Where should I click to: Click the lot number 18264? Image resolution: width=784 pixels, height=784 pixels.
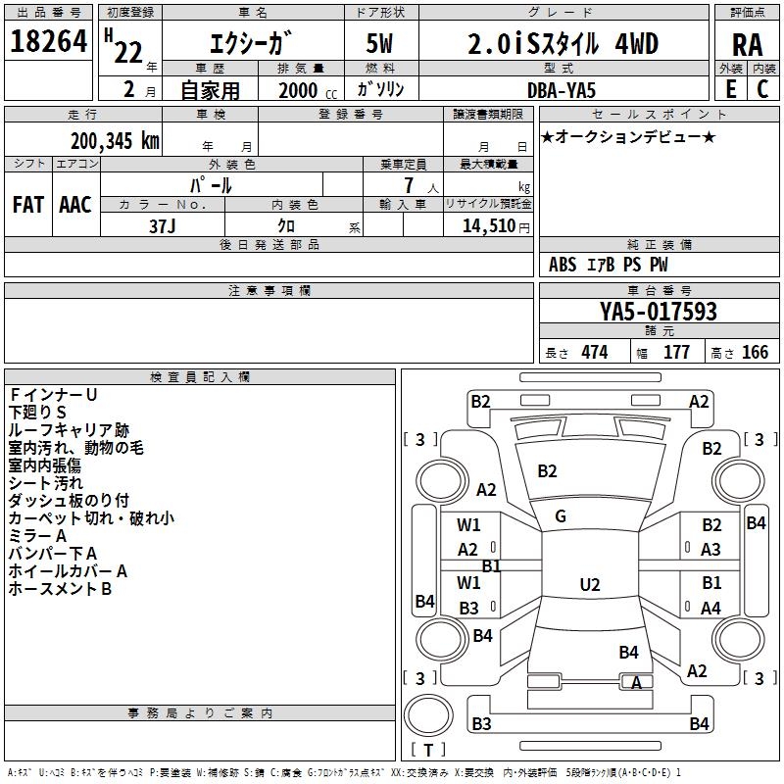click(48, 41)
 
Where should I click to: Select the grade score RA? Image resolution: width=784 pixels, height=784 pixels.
click(747, 45)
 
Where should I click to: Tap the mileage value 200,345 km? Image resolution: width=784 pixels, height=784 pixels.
click(115, 141)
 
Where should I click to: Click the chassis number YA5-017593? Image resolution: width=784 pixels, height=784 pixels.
click(659, 311)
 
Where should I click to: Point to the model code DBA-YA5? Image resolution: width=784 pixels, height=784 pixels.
click(562, 90)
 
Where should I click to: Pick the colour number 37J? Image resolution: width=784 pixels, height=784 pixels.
click(163, 226)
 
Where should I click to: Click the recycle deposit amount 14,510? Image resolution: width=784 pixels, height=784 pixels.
click(488, 225)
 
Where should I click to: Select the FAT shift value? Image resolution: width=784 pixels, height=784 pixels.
click(28, 205)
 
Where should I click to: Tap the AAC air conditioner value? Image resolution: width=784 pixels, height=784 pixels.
click(75, 205)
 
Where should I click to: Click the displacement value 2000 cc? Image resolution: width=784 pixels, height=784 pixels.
click(308, 90)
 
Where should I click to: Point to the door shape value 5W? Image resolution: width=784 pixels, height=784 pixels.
click(379, 43)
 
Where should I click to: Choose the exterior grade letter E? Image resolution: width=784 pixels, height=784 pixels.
click(730, 89)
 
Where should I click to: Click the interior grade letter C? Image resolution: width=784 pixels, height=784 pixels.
click(762, 89)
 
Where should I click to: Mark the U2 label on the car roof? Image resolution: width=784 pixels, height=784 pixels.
click(590, 584)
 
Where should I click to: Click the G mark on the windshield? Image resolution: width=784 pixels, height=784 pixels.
click(561, 516)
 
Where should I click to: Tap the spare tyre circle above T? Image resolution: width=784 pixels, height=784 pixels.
click(428, 715)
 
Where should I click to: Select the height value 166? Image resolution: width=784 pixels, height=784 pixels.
click(755, 352)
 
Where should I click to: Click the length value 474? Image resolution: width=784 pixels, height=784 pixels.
click(595, 352)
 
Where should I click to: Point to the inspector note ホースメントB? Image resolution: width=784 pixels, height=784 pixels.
click(60, 589)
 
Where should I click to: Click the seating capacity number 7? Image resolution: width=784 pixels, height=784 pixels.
click(409, 185)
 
